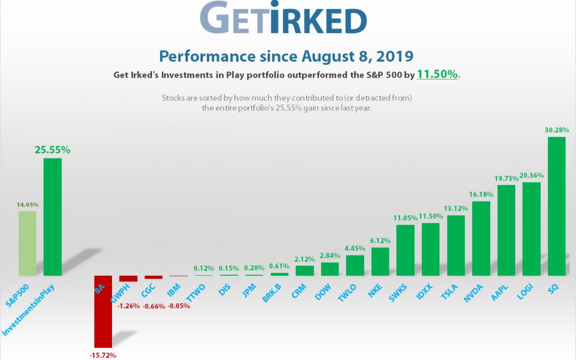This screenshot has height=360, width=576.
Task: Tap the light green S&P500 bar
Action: click(27, 243)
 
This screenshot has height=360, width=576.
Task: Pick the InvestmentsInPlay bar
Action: click(52, 217)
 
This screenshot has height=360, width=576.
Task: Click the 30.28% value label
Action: click(556, 130)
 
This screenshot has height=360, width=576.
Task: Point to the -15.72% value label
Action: click(103, 355)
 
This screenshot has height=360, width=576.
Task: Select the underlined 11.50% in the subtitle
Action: click(437, 75)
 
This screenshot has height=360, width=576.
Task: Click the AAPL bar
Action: click(506, 230)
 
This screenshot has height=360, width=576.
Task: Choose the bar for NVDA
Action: click(481, 238)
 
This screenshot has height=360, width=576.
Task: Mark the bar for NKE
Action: click(380, 261)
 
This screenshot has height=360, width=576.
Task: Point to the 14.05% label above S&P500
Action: click(27, 204)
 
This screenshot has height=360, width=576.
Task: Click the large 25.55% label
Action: click(52, 150)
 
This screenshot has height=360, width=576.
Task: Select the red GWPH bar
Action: click(128, 278)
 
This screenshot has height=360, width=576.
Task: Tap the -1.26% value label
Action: click(129, 306)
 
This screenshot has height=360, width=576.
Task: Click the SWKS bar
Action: click(405, 250)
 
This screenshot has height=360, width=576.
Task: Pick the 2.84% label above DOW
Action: click(330, 255)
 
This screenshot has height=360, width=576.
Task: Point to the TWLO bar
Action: click(355, 265)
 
